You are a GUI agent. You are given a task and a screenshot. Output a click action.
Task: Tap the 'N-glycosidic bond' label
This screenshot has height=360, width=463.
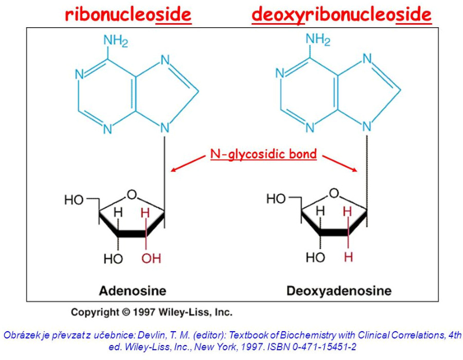263,155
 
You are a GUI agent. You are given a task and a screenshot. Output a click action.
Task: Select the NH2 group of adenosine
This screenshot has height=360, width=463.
116,41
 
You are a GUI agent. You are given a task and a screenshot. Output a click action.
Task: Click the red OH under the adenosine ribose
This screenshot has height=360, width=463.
151,258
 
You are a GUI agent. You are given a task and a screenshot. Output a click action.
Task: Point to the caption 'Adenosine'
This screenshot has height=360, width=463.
133,291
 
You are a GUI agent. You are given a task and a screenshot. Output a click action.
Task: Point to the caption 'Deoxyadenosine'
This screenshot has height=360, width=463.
339,291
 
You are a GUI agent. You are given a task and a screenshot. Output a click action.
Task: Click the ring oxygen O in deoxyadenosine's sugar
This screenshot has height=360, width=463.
334,193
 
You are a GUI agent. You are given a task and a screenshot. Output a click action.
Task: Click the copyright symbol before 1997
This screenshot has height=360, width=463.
126,313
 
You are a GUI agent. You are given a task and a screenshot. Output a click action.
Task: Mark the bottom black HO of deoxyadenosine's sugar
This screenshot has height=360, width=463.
315,257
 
